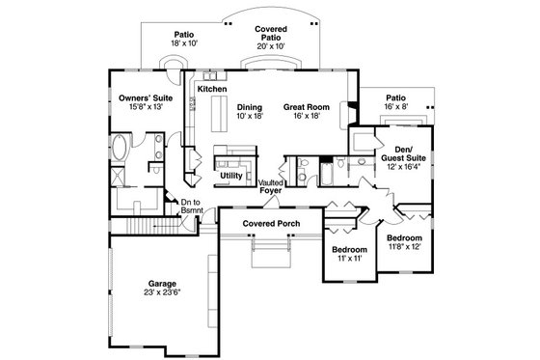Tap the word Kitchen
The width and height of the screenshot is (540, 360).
(212, 89)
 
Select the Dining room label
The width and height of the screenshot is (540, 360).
(251, 107)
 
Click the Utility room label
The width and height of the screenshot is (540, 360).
(231, 175)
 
